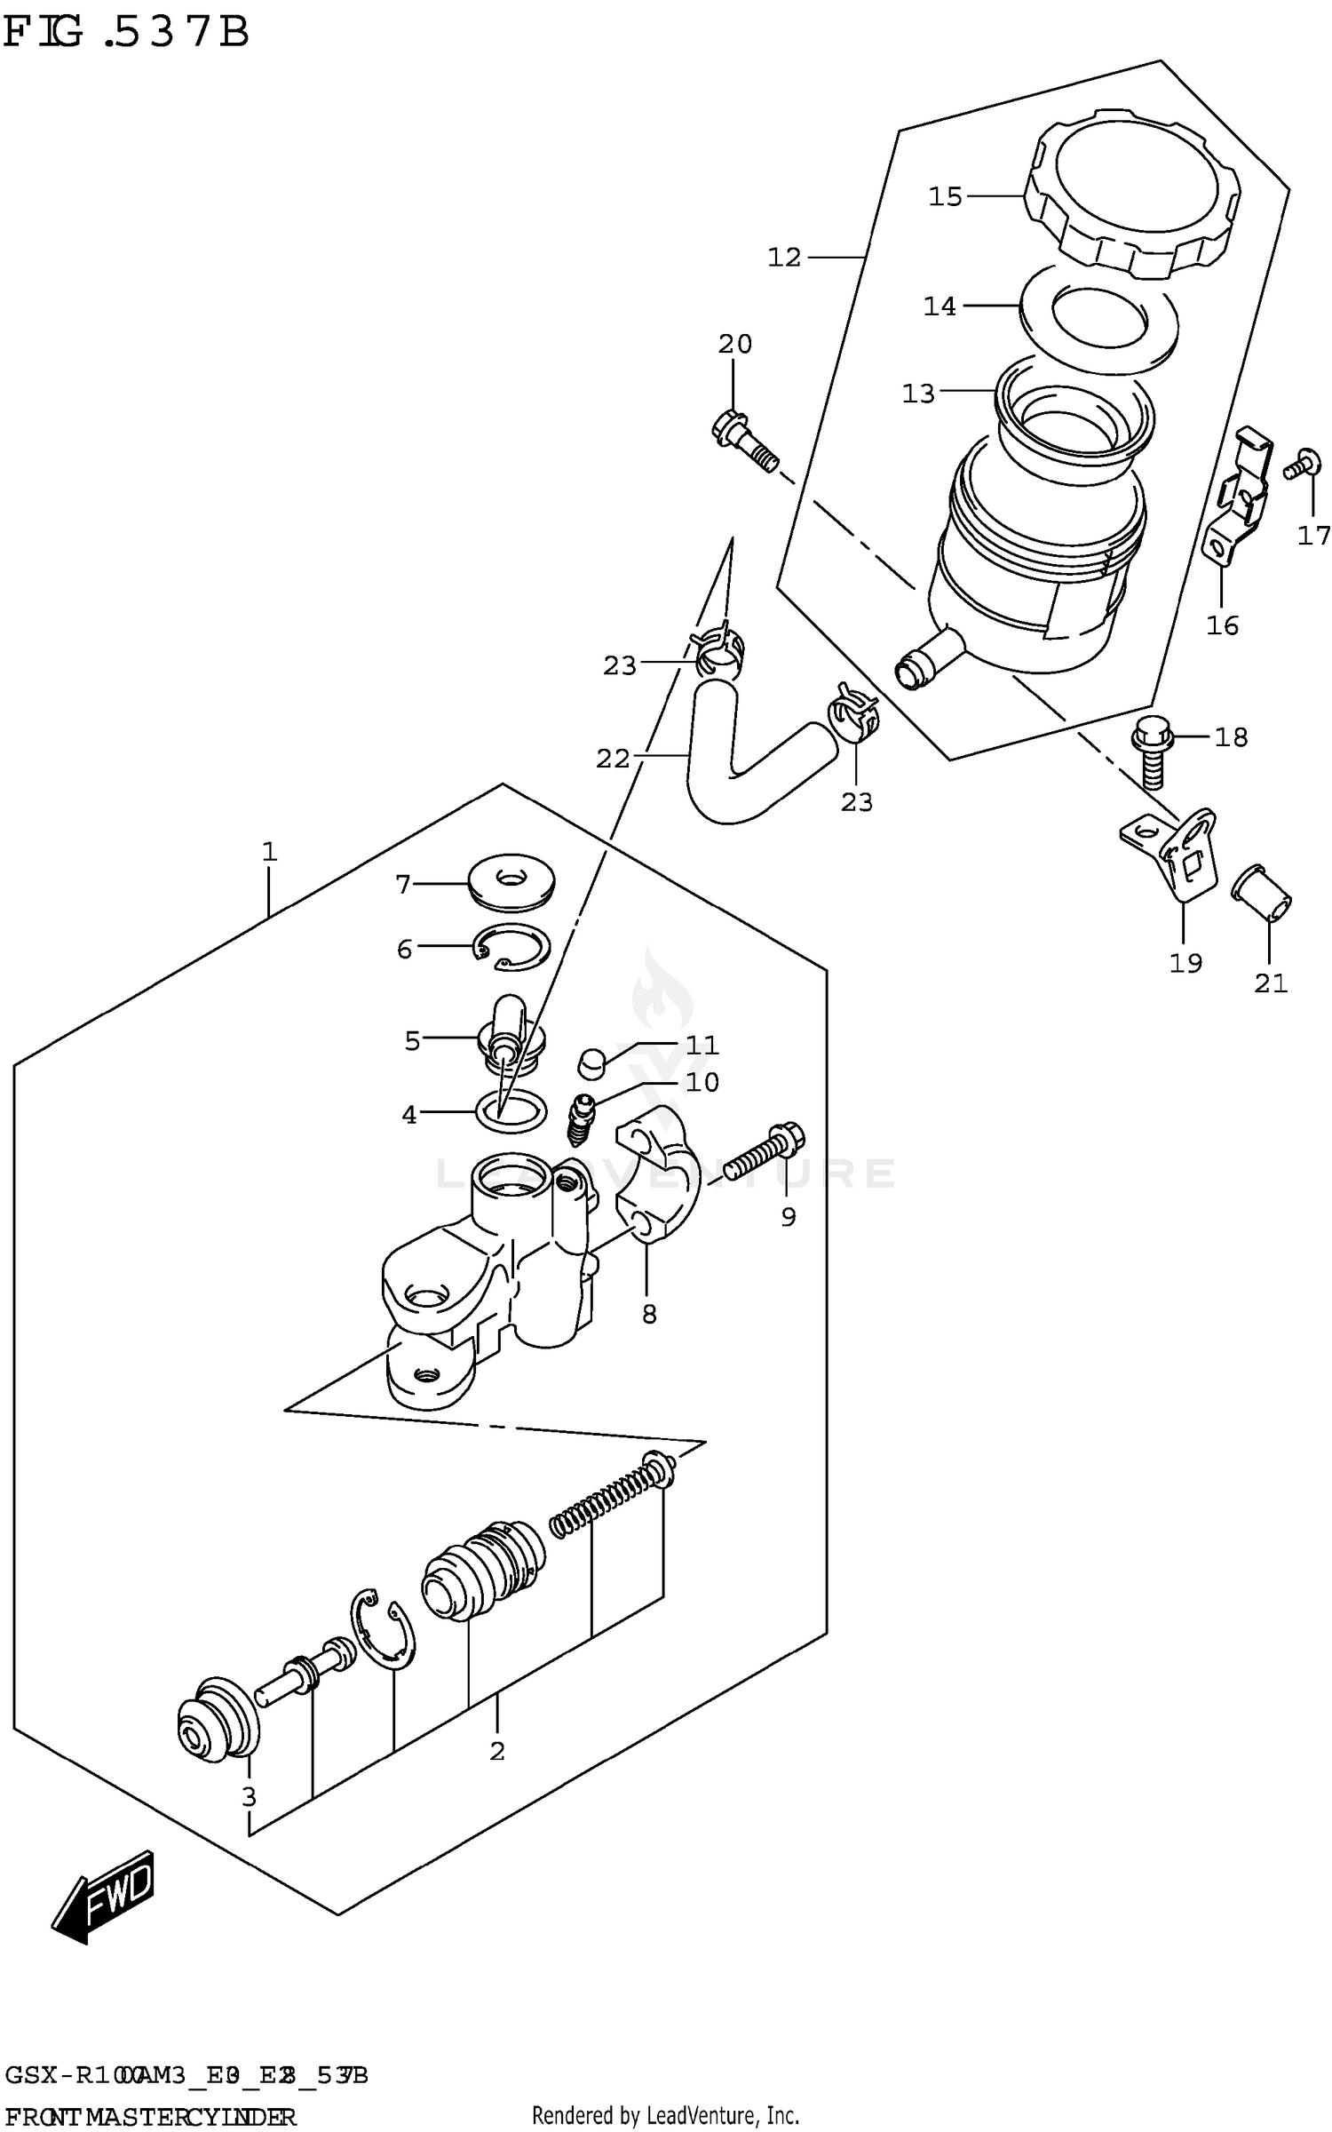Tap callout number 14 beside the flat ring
(940, 306)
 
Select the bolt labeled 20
(744, 442)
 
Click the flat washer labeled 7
(510, 883)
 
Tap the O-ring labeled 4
(511, 1110)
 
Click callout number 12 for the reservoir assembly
(783, 258)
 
